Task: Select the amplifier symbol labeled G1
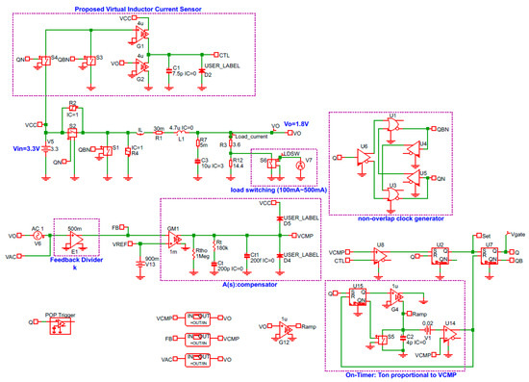pos(142,34)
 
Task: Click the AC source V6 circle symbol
pos(38,234)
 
